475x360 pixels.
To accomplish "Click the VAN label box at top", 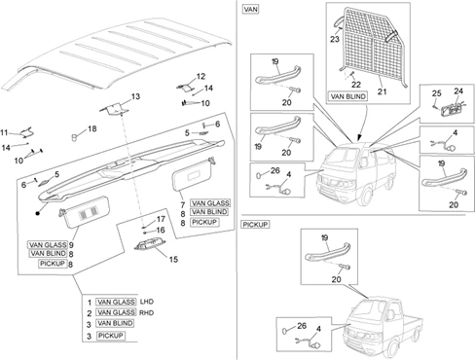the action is point(250,9).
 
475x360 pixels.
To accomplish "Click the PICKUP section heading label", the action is point(255,225).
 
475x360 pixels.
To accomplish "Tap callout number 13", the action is point(135,96).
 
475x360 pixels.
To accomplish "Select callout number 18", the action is point(92,128).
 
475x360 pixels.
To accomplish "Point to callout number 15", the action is point(173,259).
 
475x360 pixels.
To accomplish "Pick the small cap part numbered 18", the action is point(74,137).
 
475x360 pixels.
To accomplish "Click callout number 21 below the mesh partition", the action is point(383,91).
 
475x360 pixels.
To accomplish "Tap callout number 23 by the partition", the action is point(335,39).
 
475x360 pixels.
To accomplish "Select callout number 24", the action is point(458,91).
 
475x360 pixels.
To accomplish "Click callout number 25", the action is point(436,93).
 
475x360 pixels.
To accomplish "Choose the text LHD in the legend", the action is point(147,302).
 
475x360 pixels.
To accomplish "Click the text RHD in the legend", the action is point(147,313).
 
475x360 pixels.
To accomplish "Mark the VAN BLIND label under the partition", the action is point(347,96).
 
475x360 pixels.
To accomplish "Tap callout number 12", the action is point(201,76).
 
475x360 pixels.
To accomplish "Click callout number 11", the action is point(4,132).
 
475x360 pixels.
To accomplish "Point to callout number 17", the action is point(161,219).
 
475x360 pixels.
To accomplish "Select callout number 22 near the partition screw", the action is point(356,85).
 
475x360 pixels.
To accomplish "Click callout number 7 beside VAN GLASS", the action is point(183,205).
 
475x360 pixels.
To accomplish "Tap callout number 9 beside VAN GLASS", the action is point(71,245).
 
